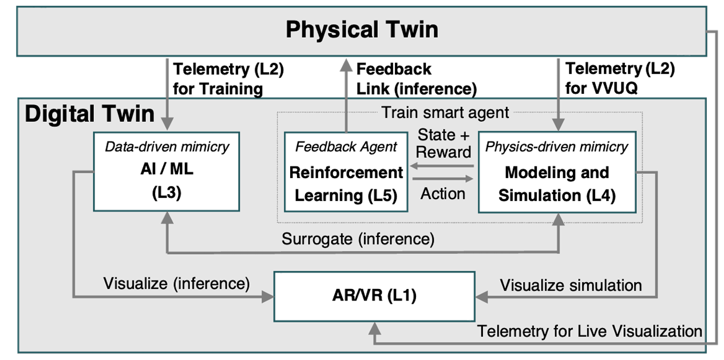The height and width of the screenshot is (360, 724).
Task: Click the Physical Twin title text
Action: point(362,30)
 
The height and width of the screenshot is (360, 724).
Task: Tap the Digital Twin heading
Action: point(90,114)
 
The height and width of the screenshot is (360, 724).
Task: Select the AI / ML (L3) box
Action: point(167,172)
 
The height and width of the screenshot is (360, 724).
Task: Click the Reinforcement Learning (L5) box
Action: point(346,172)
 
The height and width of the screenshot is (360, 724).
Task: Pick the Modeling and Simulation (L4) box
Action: point(557,172)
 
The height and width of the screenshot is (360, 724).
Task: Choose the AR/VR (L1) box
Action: point(374,296)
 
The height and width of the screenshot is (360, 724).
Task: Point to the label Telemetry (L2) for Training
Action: point(228,79)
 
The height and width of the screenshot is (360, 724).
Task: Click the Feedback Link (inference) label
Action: point(417,79)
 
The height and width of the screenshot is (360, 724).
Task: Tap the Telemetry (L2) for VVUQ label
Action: point(620,78)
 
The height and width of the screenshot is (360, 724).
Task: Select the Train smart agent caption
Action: point(445,112)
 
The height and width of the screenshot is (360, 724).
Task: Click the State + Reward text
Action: point(444,144)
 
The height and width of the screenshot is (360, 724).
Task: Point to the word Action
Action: point(443,194)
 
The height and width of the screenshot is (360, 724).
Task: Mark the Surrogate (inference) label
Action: point(358,239)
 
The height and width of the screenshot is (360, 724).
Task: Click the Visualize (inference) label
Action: point(176,284)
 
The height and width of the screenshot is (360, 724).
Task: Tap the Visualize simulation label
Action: point(571,286)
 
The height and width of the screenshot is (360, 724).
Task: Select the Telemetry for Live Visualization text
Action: point(590,331)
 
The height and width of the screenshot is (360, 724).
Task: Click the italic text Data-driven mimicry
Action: point(167,147)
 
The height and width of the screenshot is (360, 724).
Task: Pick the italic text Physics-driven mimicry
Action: point(556,147)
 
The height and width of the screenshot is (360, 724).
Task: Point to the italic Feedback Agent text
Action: point(346,147)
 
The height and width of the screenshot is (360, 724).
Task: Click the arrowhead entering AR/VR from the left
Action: point(268,296)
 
